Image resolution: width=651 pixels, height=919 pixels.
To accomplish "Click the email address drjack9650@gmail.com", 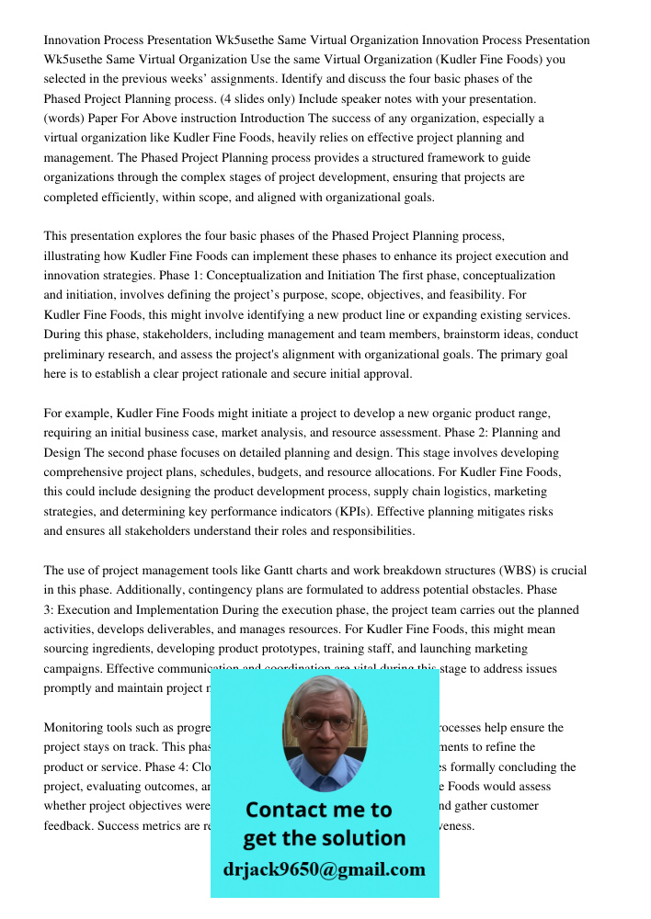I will point(325,869).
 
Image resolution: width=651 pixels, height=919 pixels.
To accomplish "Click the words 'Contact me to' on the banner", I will point(319,810).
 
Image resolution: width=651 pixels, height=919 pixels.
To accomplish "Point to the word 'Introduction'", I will point(273,119).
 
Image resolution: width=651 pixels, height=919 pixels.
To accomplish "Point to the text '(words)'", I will point(67,119).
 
